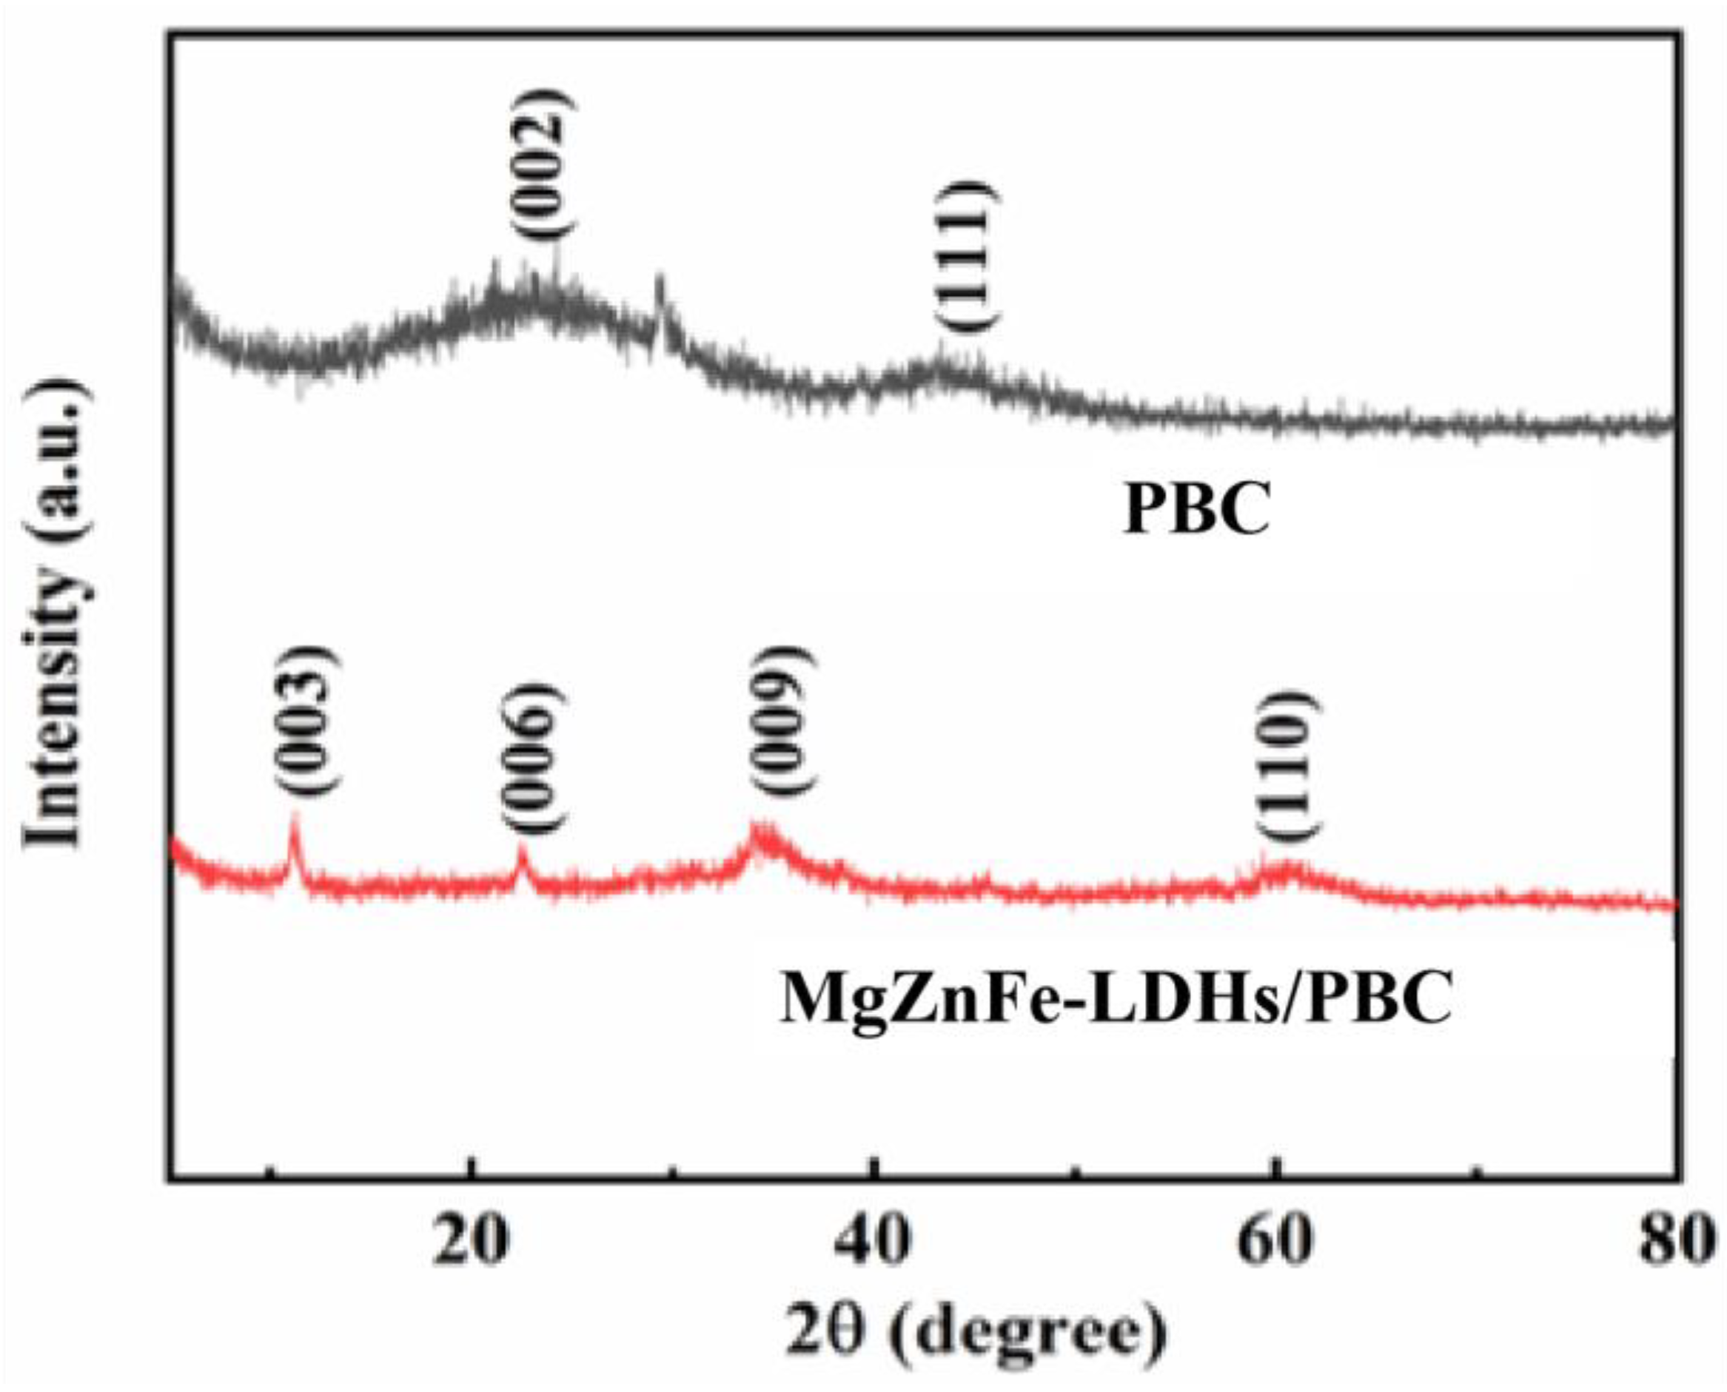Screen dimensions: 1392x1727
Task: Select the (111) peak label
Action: [x=967, y=255]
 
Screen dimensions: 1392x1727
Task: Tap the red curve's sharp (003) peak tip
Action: [x=295, y=816]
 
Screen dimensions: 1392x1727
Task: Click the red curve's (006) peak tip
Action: [x=522, y=847]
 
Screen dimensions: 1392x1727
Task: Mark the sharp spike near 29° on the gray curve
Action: [x=660, y=279]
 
